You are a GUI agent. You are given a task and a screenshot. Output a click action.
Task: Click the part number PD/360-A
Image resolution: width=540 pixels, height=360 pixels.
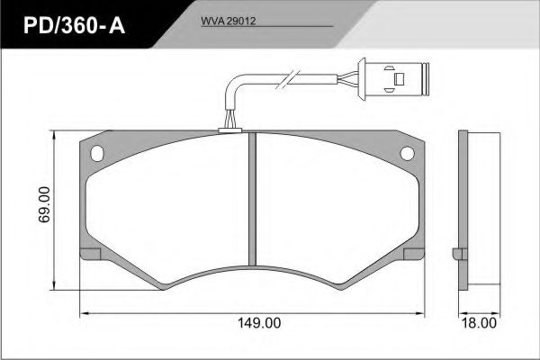pyautogui.click(x=74, y=26)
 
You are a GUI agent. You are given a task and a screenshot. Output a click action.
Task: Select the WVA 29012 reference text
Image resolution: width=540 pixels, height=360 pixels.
pyautogui.click(x=229, y=21)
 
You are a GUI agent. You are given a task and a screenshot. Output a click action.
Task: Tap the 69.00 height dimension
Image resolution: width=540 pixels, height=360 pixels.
pyautogui.click(x=45, y=204)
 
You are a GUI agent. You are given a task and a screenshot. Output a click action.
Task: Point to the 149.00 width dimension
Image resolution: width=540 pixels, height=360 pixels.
pyautogui.click(x=259, y=323)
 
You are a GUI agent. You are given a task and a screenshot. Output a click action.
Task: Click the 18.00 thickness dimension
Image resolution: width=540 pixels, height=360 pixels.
pyautogui.click(x=479, y=323)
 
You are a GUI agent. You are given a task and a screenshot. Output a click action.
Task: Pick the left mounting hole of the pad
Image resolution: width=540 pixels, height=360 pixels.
pyautogui.click(x=97, y=153)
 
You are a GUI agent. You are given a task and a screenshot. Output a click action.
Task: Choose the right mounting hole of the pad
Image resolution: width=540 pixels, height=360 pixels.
pyautogui.click(x=407, y=153)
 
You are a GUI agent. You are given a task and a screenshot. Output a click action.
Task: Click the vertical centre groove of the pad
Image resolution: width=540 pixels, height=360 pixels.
pyautogui.click(x=252, y=199)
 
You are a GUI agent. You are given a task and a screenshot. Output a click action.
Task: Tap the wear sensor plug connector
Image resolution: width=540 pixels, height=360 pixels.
pyautogui.click(x=393, y=79)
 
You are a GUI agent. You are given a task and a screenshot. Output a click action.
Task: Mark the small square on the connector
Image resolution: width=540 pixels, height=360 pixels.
pyautogui.click(x=399, y=79)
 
